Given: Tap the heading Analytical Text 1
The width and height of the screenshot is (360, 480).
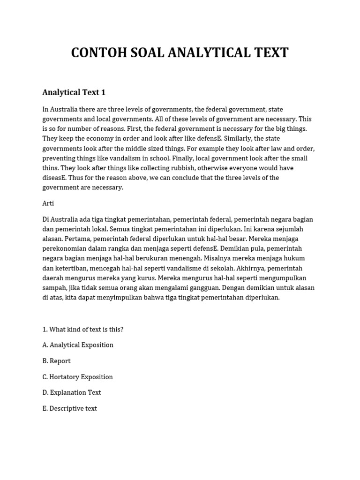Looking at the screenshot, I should (74, 92).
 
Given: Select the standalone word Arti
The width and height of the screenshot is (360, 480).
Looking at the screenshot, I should (48, 203).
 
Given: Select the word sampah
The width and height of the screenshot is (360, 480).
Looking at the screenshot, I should (54, 288).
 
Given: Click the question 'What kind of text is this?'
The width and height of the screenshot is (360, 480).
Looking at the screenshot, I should (83, 329).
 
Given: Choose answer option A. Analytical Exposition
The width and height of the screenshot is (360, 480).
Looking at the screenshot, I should (78, 345).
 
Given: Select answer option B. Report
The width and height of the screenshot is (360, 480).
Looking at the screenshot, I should (56, 361).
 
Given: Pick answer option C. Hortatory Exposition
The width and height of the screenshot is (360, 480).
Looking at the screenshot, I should (77, 377).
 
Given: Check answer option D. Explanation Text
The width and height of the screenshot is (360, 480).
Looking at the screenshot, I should (72, 392).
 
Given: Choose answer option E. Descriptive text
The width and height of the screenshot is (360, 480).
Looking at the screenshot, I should (69, 408).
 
